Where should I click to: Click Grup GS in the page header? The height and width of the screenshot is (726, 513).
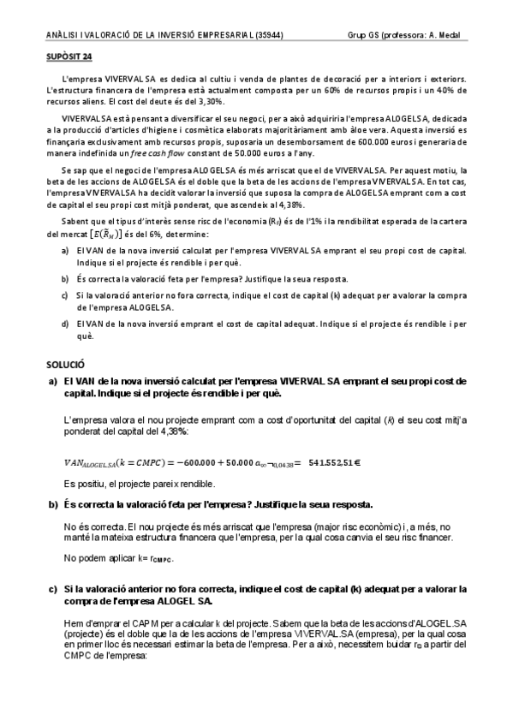click(362, 36)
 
